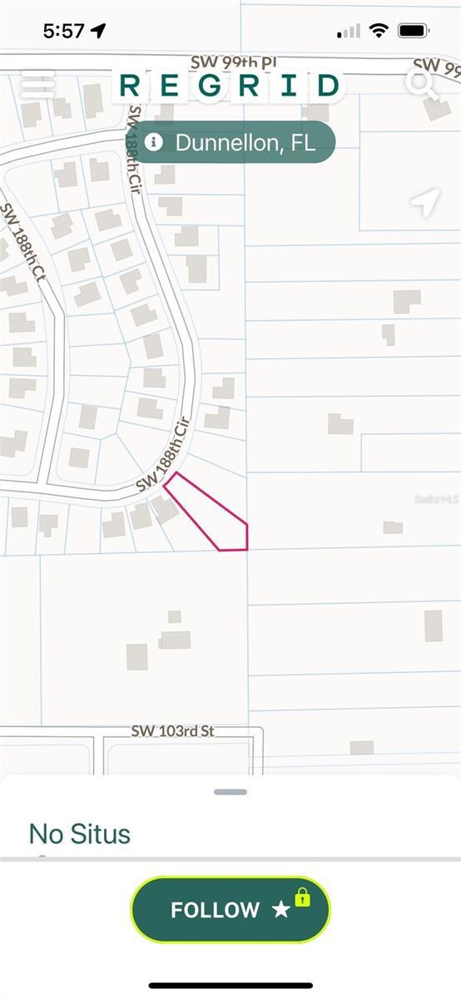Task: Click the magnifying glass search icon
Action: click(x=422, y=83)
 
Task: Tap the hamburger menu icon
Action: click(x=37, y=83)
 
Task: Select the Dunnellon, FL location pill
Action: click(x=233, y=142)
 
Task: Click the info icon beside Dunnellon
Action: click(x=153, y=142)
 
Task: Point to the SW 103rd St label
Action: click(x=172, y=731)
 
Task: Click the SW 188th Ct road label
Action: click(x=22, y=242)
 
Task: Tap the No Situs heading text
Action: click(x=80, y=833)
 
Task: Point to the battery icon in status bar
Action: click(x=414, y=31)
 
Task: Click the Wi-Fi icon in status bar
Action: click(x=379, y=31)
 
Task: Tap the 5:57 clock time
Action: click(x=64, y=31)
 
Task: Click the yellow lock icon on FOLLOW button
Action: click(x=302, y=897)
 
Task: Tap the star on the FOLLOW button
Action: click(x=281, y=910)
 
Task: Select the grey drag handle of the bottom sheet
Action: click(x=230, y=792)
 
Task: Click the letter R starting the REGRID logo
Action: click(x=130, y=85)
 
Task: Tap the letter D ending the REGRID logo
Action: click(x=329, y=85)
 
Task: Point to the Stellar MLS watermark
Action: click(x=437, y=499)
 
